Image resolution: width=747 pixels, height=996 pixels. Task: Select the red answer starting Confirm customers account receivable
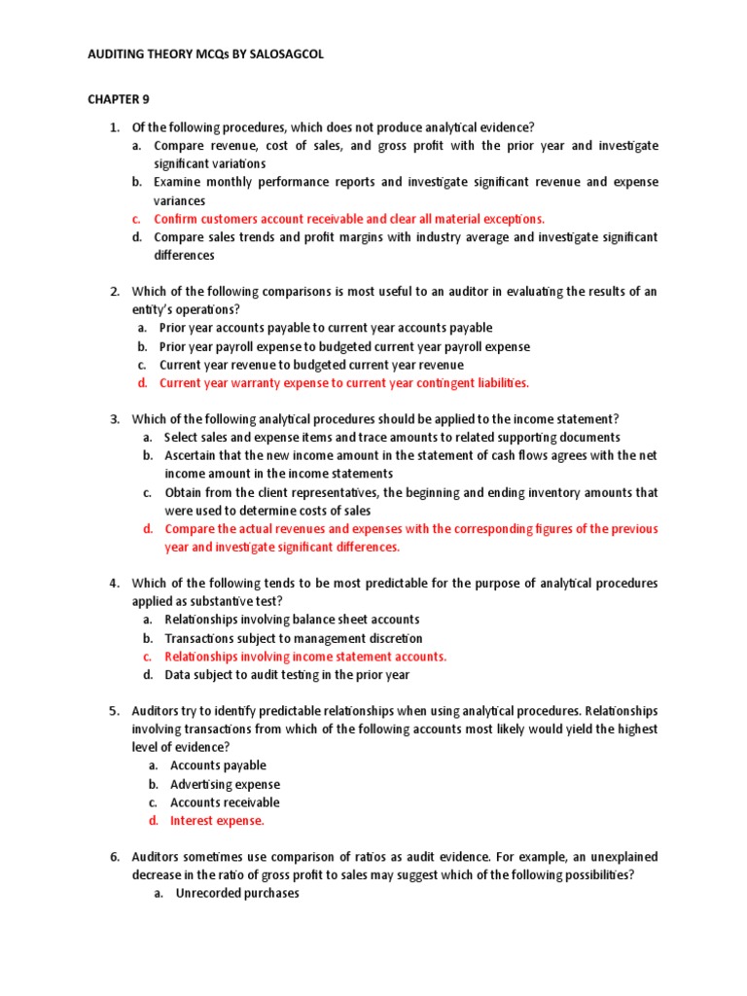[x=349, y=219]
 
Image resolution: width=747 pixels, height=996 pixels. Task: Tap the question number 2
[x=114, y=291]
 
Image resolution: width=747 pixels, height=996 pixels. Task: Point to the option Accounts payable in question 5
[x=218, y=765]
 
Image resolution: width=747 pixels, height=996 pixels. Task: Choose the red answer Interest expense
[x=217, y=821]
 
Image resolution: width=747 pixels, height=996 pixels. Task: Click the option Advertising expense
[x=225, y=784]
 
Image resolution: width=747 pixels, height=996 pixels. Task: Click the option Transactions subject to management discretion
[x=294, y=638]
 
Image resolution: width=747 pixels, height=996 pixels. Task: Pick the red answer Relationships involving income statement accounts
[x=305, y=657]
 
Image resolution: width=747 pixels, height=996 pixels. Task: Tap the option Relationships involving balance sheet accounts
[x=292, y=620]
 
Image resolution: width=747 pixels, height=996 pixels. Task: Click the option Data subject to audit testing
[x=287, y=675]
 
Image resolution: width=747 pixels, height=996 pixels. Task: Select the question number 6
[x=114, y=857]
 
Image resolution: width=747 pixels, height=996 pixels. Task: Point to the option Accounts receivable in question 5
[x=225, y=802]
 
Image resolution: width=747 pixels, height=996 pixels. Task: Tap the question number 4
[x=114, y=584]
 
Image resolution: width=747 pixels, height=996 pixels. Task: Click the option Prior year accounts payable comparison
[x=326, y=328]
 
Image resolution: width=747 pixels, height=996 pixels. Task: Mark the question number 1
[x=114, y=127]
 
